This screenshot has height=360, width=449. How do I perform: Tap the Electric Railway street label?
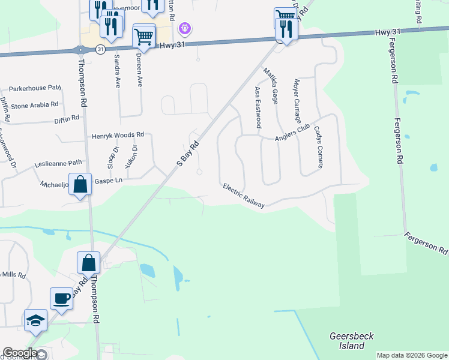click(x=244, y=196)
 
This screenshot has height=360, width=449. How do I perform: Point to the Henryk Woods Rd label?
click(x=118, y=136)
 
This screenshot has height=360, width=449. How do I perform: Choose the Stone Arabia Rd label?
click(x=34, y=105)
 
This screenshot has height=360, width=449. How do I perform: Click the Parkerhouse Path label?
click(x=35, y=88)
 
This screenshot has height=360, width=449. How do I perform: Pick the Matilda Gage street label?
click(x=270, y=84)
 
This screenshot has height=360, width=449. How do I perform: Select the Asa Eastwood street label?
click(x=258, y=107)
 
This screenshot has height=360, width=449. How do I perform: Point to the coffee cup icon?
click(x=62, y=298)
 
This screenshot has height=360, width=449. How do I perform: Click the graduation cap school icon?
click(x=35, y=320)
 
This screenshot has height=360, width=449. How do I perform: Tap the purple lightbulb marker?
click(x=185, y=28)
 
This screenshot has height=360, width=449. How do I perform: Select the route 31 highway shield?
click(x=100, y=49)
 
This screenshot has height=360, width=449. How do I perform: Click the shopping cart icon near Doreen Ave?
click(x=143, y=37)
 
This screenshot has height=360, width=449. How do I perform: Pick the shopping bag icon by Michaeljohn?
click(x=80, y=184)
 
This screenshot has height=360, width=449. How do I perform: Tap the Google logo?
click(x=20, y=353)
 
